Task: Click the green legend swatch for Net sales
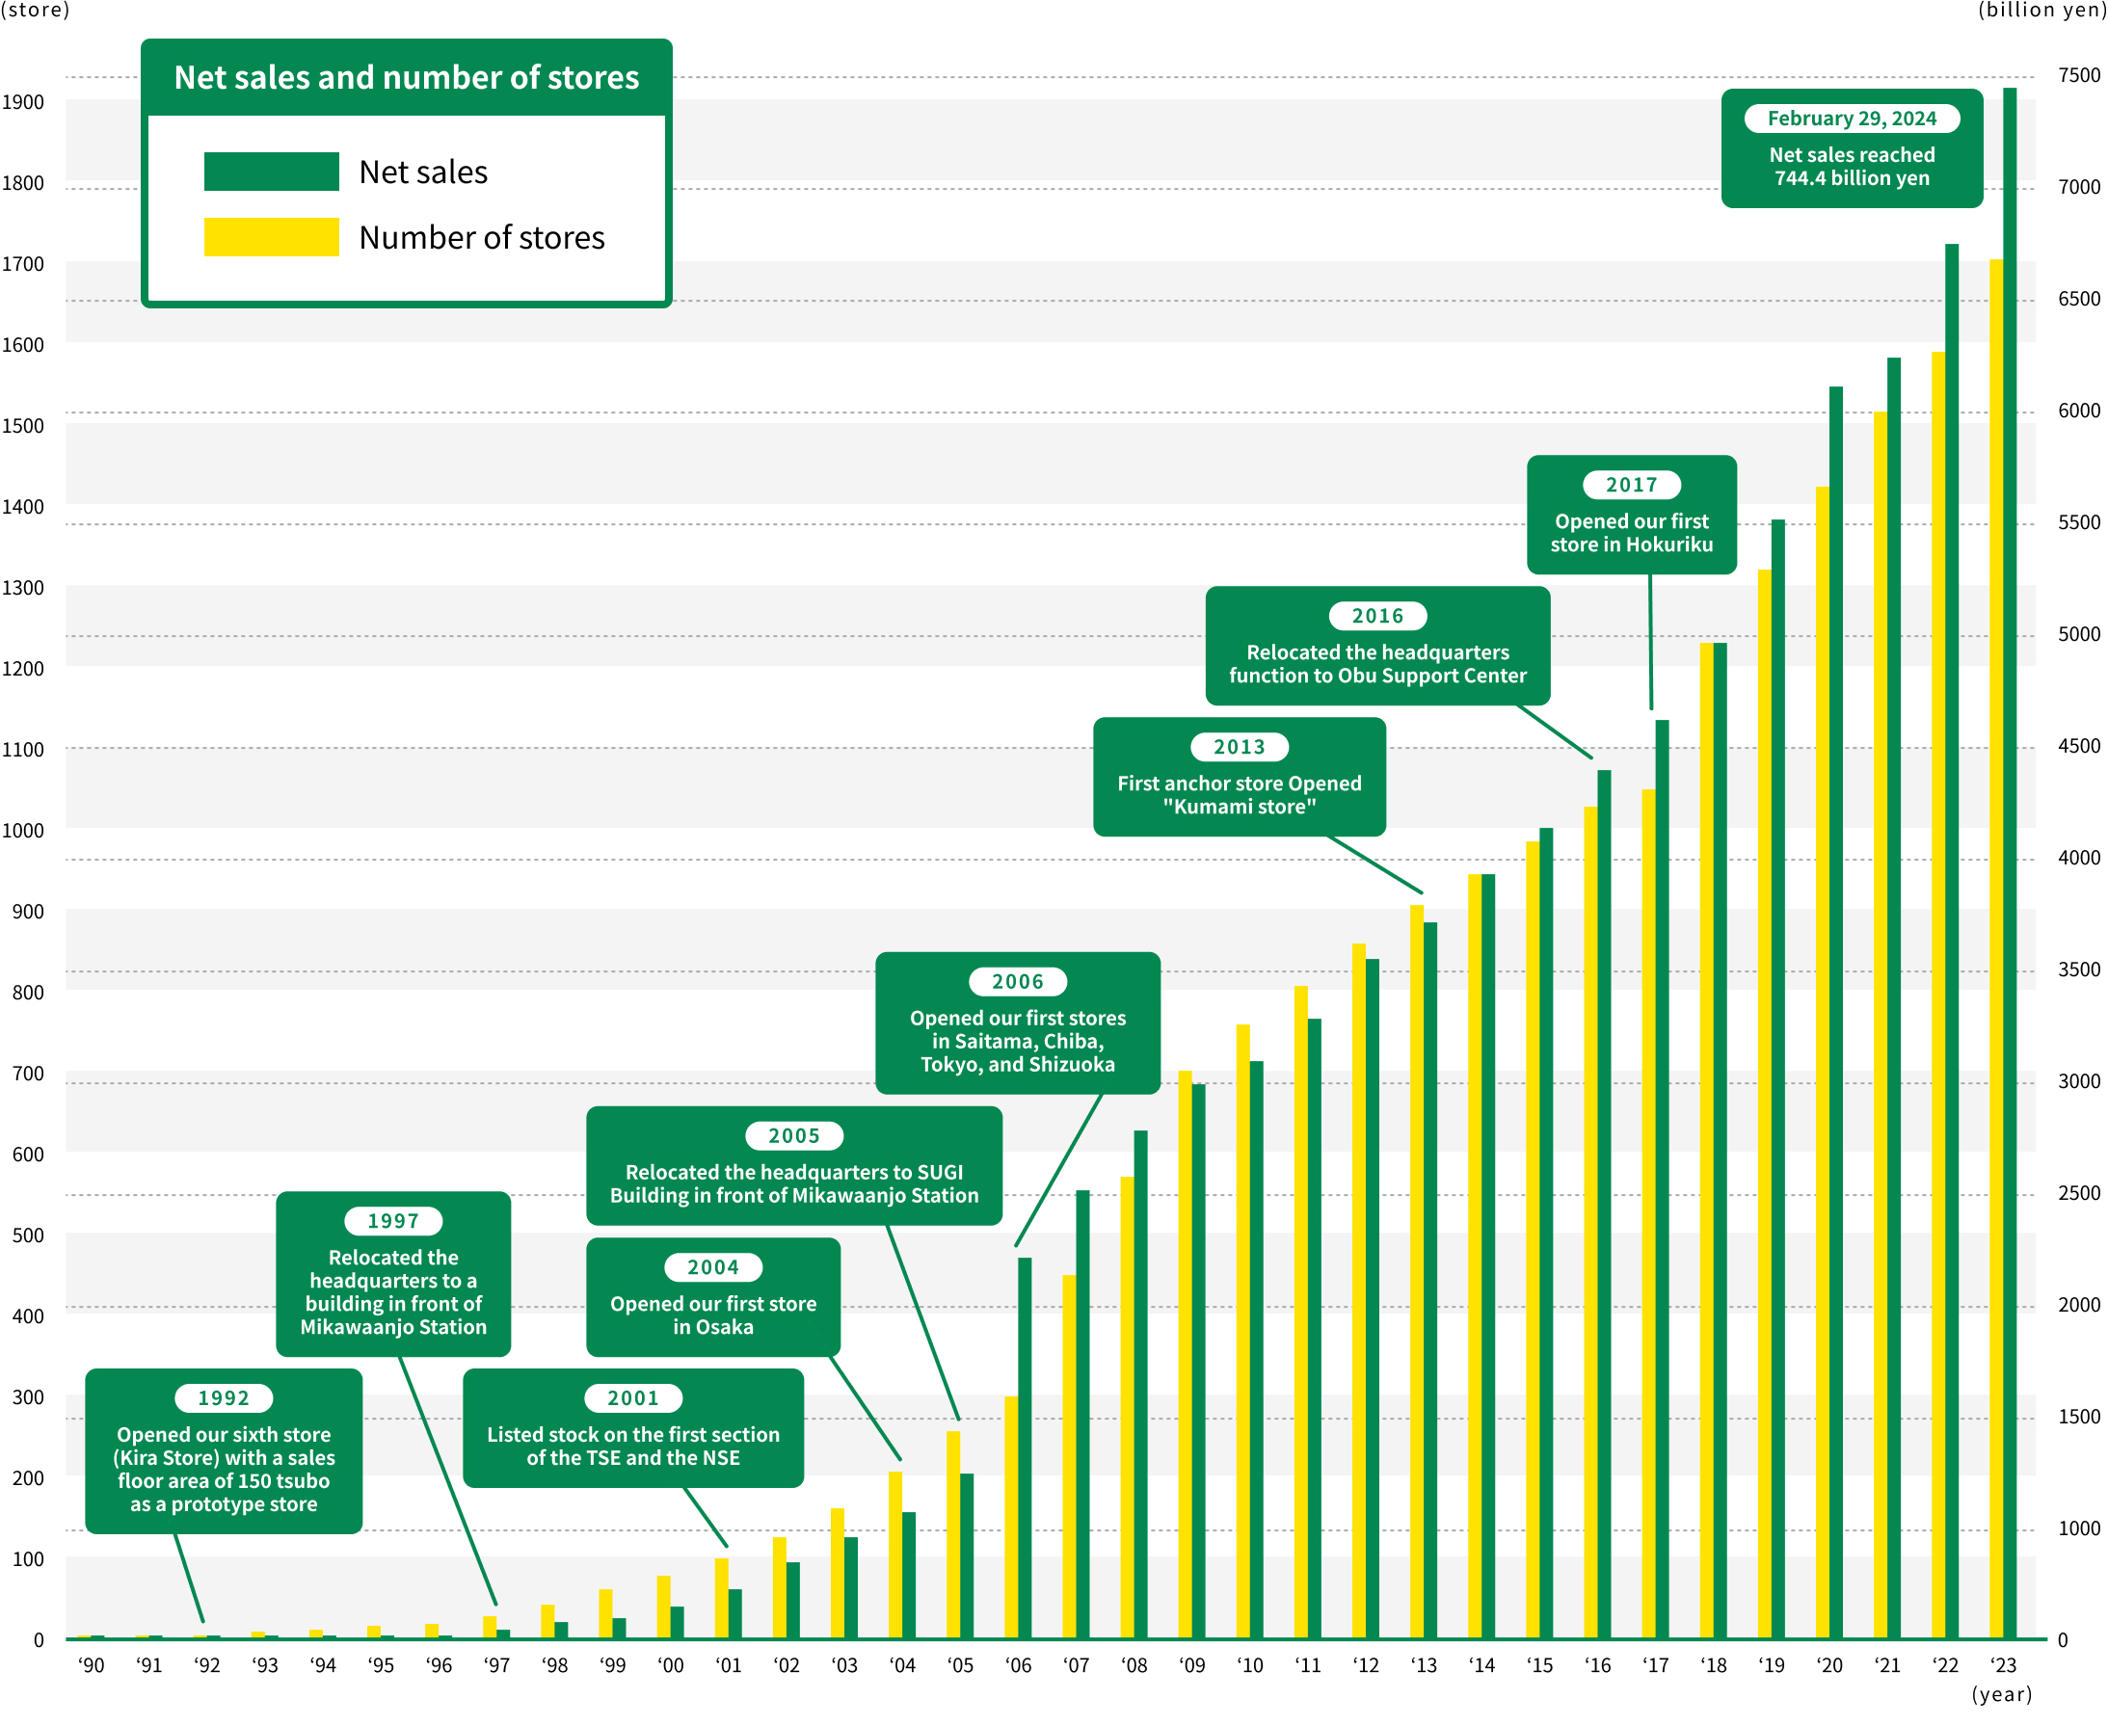(x=272, y=171)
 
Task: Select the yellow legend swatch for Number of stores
(x=272, y=237)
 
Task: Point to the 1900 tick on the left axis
(x=23, y=102)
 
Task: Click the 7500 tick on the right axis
(x=2078, y=75)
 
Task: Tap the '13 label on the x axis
(x=1423, y=1665)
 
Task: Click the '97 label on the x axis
(x=496, y=1665)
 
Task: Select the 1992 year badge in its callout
(x=224, y=1398)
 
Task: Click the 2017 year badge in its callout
(x=1632, y=484)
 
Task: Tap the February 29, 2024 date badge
(x=1852, y=119)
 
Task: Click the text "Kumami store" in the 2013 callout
(x=1239, y=807)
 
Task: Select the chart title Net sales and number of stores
(x=407, y=77)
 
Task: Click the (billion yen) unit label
(x=2041, y=10)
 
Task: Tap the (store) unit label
(x=36, y=10)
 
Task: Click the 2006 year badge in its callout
(x=1017, y=981)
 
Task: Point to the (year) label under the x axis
(x=2002, y=1694)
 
